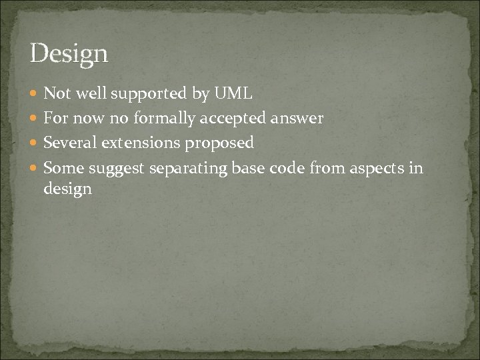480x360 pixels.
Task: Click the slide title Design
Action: click(x=69, y=53)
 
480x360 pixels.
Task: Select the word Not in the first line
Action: click(x=57, y=95)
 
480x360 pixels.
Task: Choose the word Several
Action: click(x=68, y=143)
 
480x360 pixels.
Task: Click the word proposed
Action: click(x=220, y=143)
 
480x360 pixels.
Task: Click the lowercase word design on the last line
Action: click(x=67, y=189)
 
